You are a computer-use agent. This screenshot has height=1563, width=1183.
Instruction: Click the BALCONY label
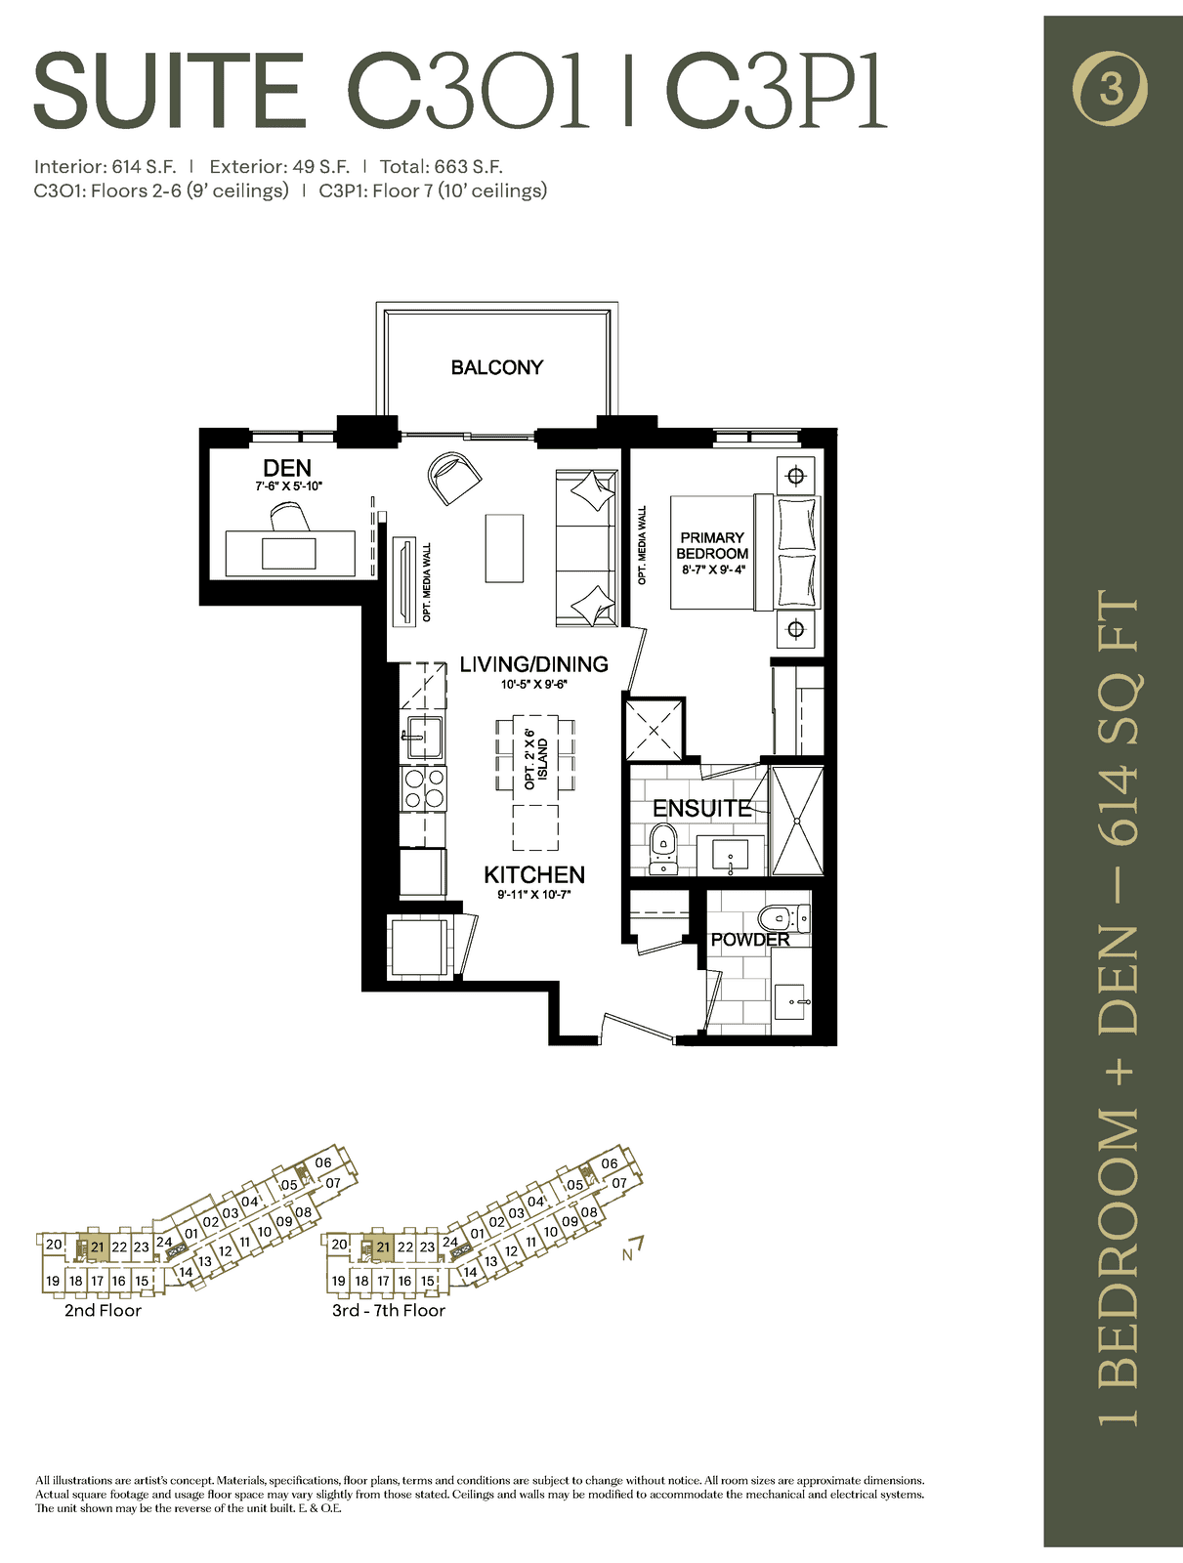[497, 367]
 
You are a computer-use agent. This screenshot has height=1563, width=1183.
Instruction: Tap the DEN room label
[287, 468]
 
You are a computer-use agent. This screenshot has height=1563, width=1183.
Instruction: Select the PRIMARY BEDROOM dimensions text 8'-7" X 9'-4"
[712, 569]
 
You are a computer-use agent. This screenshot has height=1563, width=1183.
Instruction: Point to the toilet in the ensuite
[663, 847]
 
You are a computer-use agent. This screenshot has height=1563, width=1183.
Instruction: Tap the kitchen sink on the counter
[424, 737]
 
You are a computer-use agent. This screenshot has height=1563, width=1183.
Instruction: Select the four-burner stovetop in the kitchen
[424, 789]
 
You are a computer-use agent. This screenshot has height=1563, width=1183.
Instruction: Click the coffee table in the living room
[505, 548]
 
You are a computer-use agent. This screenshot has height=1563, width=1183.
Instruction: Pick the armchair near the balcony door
[453, 478]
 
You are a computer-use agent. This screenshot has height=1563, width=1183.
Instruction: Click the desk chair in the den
[290, 516]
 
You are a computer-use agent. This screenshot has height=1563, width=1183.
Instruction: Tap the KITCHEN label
[533, 874]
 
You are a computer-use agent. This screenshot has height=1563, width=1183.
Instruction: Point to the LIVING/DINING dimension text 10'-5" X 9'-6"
[533, 685]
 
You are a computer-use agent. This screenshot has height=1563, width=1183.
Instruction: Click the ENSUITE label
[702, 808]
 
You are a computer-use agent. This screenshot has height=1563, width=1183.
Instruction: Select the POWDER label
[750, 939]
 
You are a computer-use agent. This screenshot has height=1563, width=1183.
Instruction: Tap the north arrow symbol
[633, 1248]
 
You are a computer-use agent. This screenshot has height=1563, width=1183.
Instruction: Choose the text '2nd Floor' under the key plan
[104, 1310]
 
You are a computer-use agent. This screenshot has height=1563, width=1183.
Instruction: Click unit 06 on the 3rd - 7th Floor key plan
[610, 1163]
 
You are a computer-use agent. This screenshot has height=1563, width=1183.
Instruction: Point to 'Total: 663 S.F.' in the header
[442, 167]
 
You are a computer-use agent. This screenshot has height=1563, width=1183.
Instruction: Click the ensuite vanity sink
[731, 854]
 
